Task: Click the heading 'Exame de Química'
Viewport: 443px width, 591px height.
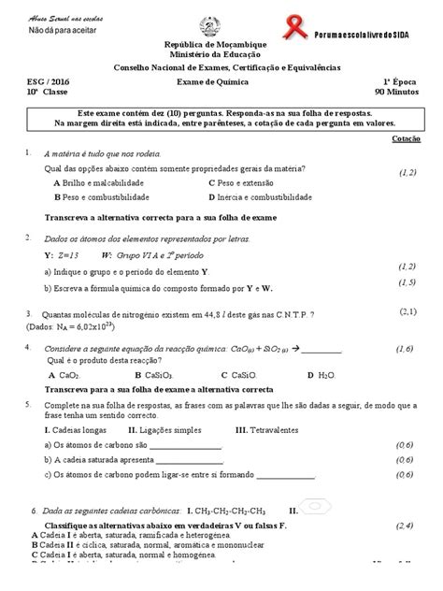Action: (x=221, y=82)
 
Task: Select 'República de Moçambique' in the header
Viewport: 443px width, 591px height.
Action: (x=221, y=45)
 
